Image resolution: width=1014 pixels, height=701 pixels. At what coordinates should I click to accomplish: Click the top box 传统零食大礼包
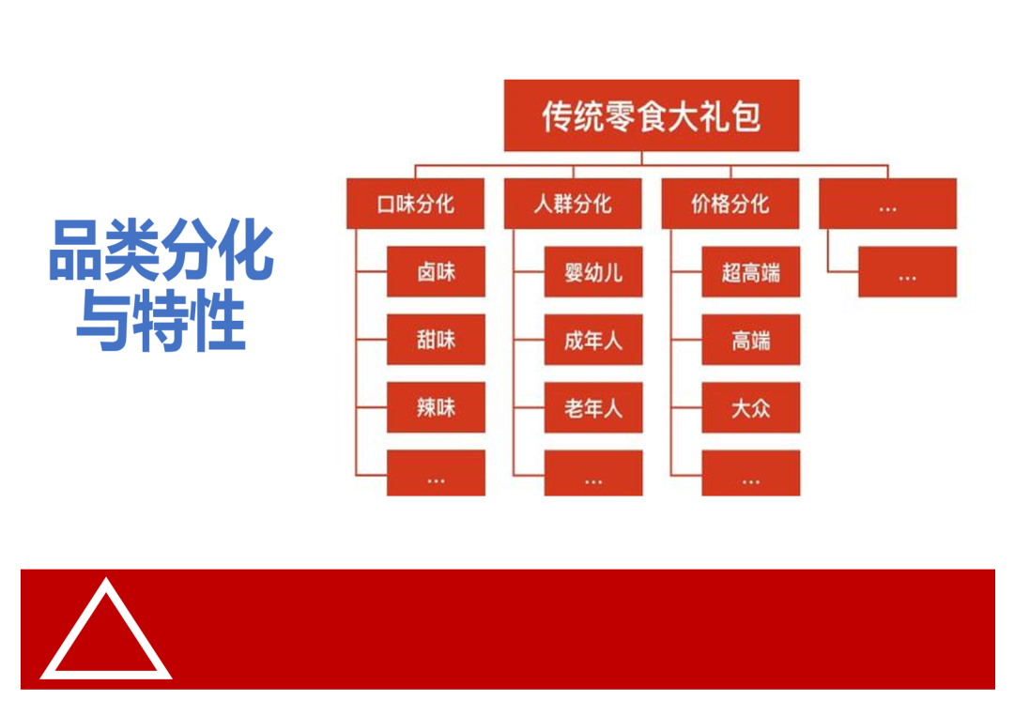point(651,115)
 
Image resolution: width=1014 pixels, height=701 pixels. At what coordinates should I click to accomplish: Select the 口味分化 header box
point(416,204)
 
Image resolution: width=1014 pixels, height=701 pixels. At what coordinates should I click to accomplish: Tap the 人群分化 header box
point(573,204)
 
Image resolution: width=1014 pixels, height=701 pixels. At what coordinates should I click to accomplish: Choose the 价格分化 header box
point(730,204)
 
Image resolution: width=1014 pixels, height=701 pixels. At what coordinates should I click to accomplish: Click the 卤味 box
point(436,272)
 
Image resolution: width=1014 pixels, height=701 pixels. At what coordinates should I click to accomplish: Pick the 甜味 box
point(436,340)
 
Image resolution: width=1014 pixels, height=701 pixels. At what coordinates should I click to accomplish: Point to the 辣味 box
point(436,407)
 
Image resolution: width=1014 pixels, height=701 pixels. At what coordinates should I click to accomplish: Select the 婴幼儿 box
point(593,272)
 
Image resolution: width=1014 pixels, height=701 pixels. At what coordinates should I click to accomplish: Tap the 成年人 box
point(593,340)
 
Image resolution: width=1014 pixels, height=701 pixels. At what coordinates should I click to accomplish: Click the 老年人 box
point(593,407)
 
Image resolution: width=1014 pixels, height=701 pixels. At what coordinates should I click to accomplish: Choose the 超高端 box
point(751,272)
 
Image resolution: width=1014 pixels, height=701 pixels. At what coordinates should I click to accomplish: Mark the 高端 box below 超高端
point(751,340)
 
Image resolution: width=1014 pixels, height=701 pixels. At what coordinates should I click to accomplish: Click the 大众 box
point(751,407)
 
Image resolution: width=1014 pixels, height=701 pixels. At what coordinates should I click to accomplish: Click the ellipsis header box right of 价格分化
point(887,204)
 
